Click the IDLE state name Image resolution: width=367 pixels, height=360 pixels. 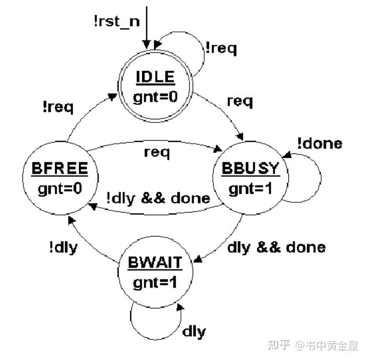(x=155, y=77)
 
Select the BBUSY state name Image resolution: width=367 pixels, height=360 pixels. (x=251, y=169)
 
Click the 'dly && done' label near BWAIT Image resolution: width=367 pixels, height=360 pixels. (x=276, y=247)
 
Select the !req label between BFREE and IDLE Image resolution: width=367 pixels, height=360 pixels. (x=58, y=106)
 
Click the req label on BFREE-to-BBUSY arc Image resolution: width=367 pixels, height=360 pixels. (x=157, y=152)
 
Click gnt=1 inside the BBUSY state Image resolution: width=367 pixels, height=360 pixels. (x=251, y=188)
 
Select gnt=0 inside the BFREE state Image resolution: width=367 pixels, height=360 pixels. (x=59, y=189)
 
